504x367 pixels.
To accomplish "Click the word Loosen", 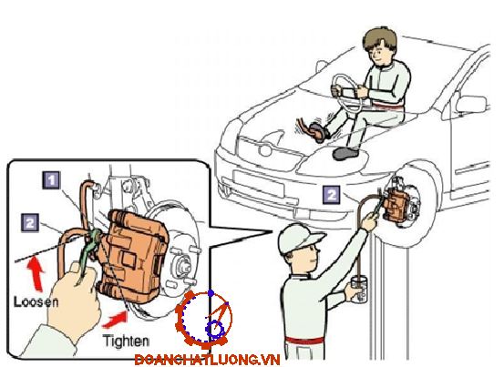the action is (x=36, y=301).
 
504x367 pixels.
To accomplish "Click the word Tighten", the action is (x=126, y=342).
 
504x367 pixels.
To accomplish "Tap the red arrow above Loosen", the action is (x=36, y=274).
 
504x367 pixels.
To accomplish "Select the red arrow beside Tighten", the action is (x=116, y=319).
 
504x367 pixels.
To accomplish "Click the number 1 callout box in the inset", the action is (x=51, y=180).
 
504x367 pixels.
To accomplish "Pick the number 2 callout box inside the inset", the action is (x=30, y=222).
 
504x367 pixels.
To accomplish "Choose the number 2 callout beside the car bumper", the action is (x=332, y=194).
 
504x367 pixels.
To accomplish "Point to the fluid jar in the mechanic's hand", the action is (x=358, y=290).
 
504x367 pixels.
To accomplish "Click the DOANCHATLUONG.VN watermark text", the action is (x=207, y=360).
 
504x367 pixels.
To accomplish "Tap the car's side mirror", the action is (x=471, y=105).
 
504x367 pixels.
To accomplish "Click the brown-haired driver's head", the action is (x=380, y=47).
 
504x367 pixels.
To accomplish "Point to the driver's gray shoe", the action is (x=346, y=153).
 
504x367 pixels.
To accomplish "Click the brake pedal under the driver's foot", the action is (x=316, y=131).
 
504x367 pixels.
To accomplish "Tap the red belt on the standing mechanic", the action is (x=304, y=341).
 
